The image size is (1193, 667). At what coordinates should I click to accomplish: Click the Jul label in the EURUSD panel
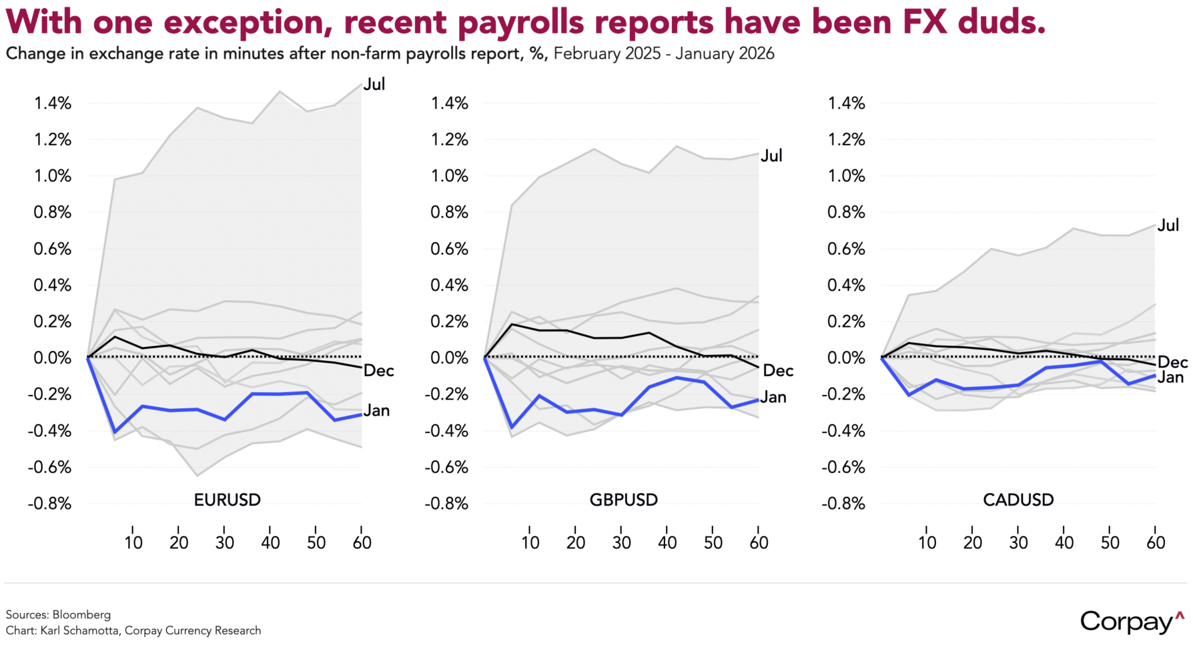tap(374, 84)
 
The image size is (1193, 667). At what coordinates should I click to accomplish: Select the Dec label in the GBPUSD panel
tap(777, 371)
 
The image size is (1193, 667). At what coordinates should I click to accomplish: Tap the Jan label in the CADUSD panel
tap(1170, 378)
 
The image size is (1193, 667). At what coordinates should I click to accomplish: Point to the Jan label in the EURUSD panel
tap(376, 411)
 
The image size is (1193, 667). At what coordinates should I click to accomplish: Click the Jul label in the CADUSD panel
tap(1168, 225)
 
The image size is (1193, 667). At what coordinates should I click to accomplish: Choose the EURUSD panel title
tap(227, 500)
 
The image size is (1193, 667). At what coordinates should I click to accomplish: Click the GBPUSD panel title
tap(623, 500)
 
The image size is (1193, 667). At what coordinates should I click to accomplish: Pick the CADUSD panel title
tap(1018, 500)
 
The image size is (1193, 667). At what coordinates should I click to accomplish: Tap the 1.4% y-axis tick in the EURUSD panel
tap(53, 103)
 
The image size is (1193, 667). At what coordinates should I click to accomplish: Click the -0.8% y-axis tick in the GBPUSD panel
tap(446, 504)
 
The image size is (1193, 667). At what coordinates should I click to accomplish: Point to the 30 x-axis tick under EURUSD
tap(225, 542)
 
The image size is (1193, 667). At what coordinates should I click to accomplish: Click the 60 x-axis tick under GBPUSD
tap(759, 542)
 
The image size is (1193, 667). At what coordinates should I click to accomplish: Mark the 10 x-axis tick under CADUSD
tap(927, 542)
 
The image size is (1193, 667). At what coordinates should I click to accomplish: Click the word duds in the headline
tap(1001, 22)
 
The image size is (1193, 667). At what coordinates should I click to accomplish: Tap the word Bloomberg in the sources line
tap(81, 614)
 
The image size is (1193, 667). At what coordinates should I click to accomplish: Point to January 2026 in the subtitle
tap(725, 53)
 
